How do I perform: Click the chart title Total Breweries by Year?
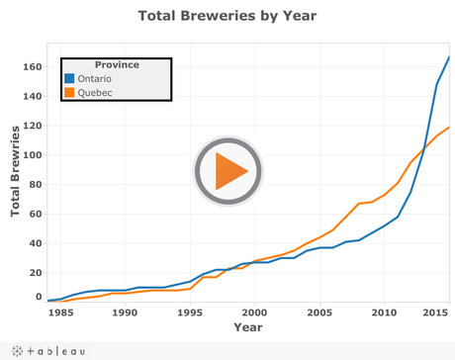click(227, 16)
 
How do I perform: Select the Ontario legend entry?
click(94, 79)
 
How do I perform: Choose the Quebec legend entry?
click(94, 93)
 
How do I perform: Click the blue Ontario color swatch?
click(69, 79)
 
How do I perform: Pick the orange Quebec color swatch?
click(69, 93)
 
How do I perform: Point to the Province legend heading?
click(116, 65)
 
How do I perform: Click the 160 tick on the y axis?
click(33, 67)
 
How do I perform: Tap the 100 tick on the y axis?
click(33, 155)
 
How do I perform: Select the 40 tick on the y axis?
click(36, 243)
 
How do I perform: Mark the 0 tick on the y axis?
click(39, 296)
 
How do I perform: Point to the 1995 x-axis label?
click(190, 313)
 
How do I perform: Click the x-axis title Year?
click(247, 327)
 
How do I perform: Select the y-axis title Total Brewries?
click(16, 170)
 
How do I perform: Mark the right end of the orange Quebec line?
click(450, 127)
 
